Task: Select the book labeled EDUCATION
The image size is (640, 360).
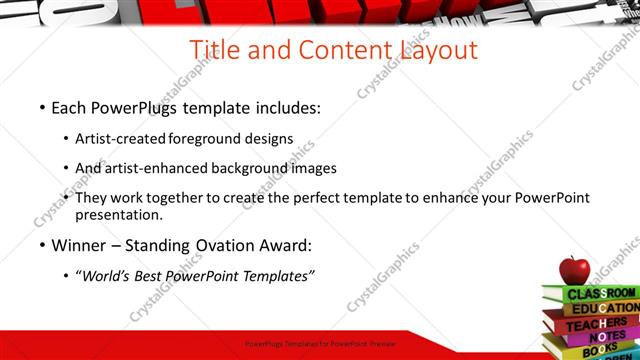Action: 604,309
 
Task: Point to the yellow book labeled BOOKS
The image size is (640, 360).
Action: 598,352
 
